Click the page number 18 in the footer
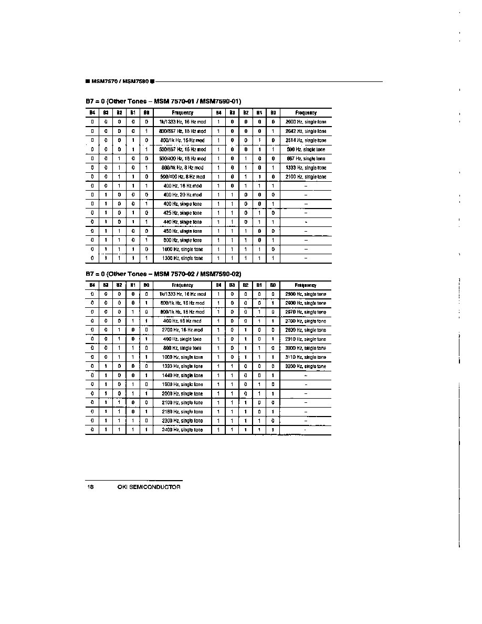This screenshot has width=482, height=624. [90, 487]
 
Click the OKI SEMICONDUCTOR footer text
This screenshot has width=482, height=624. [149, 487]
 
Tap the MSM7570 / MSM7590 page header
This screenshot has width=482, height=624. [119, 81]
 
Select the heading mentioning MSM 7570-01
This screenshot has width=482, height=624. [163, 101]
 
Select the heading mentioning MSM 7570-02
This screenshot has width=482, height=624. [163, 274]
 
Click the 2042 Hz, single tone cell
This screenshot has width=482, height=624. [306, 131]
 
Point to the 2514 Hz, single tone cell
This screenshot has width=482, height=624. [306, 140]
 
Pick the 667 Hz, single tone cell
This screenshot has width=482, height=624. [306, 159]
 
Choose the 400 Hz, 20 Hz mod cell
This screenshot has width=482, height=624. [182, 195]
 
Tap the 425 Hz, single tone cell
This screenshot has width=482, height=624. [182, 213]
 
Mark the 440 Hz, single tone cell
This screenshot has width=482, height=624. [182, 222]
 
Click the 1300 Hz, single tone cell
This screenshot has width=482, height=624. [182, 258]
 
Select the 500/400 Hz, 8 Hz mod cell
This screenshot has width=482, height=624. [182, 177]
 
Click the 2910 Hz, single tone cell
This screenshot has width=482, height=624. [306, 339]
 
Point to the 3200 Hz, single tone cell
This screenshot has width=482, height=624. [306, 366]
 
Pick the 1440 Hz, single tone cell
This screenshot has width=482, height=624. [182, 376]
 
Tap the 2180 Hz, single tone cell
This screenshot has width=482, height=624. [182, 412]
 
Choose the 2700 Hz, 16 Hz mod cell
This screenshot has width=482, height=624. [182, 330]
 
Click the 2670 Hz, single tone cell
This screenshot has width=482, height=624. [306, 312]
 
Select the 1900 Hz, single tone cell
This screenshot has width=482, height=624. [182, 384]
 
